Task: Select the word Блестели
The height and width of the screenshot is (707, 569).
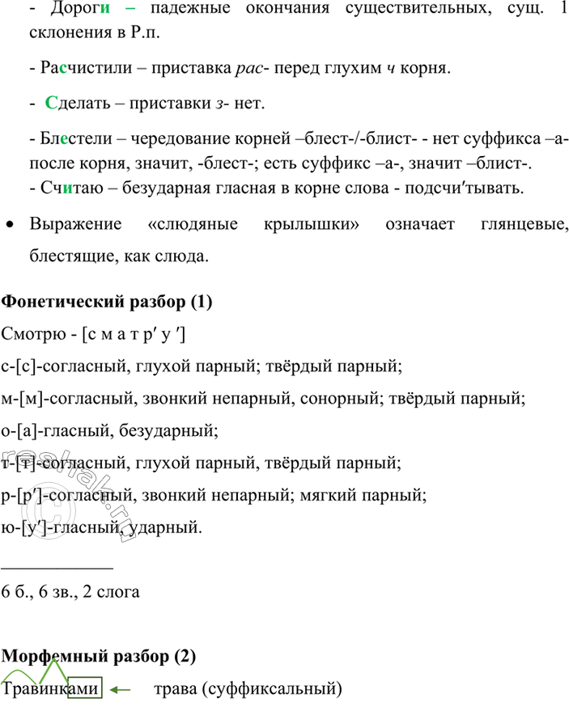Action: [x=68, y=142]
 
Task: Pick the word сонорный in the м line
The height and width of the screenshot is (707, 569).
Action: [x=344, y=398]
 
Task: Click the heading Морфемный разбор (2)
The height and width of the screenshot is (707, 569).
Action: [x=100, y=656]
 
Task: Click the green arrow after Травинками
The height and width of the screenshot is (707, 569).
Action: [x=121, y=690]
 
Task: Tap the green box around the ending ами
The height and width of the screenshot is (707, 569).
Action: [x=86, y=690]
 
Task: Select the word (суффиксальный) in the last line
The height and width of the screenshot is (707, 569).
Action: [x=272, y=690]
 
